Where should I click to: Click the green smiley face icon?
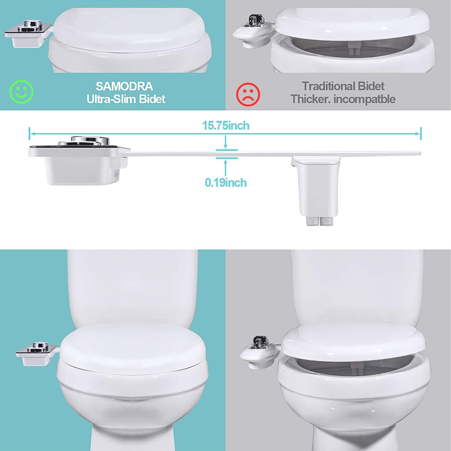(x=21, y=91)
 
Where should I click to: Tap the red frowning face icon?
(x=248, y=94)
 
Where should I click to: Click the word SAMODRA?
(x=124, y=87)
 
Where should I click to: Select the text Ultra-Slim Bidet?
(x=126, y=99)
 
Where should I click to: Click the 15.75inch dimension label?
(x=226, y=125)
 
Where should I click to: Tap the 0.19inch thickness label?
(x=226, y=183)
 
